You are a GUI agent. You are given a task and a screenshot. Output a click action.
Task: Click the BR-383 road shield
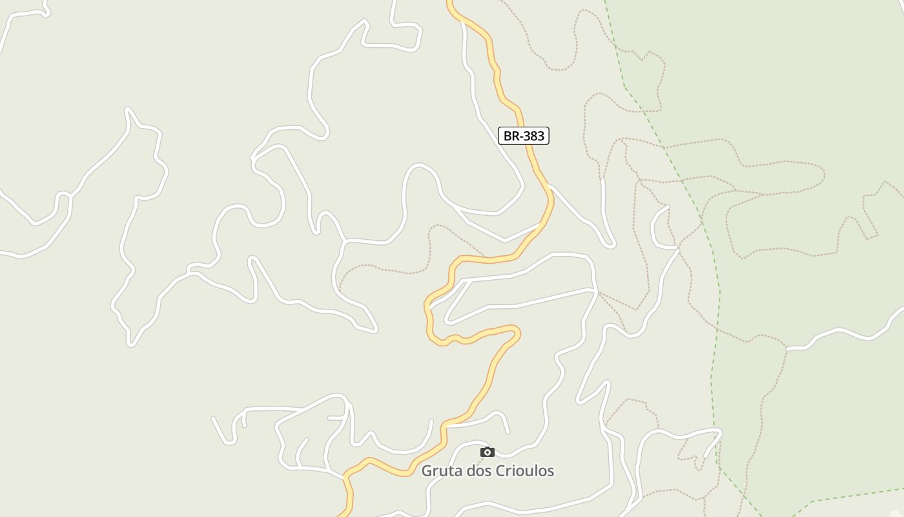tap(524, 136)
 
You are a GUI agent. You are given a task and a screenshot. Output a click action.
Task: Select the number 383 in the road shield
tap(534, 136)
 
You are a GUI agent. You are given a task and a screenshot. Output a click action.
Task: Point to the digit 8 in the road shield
tap(534, 136)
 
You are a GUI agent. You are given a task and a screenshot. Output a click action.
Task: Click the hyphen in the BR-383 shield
tap(520, 136)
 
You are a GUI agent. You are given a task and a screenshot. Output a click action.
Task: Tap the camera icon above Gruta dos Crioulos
tap(488, 452)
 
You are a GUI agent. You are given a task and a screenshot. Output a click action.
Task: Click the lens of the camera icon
tap(488, 452)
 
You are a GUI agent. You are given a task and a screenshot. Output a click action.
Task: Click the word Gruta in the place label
tap(438, 471)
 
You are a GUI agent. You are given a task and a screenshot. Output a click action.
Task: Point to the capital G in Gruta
tap(427, 471)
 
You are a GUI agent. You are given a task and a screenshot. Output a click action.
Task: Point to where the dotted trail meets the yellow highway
tap(486, 256)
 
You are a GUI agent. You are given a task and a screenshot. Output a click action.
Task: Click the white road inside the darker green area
tap(839, 332)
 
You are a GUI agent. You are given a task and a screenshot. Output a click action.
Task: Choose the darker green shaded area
tap(807, 97)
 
